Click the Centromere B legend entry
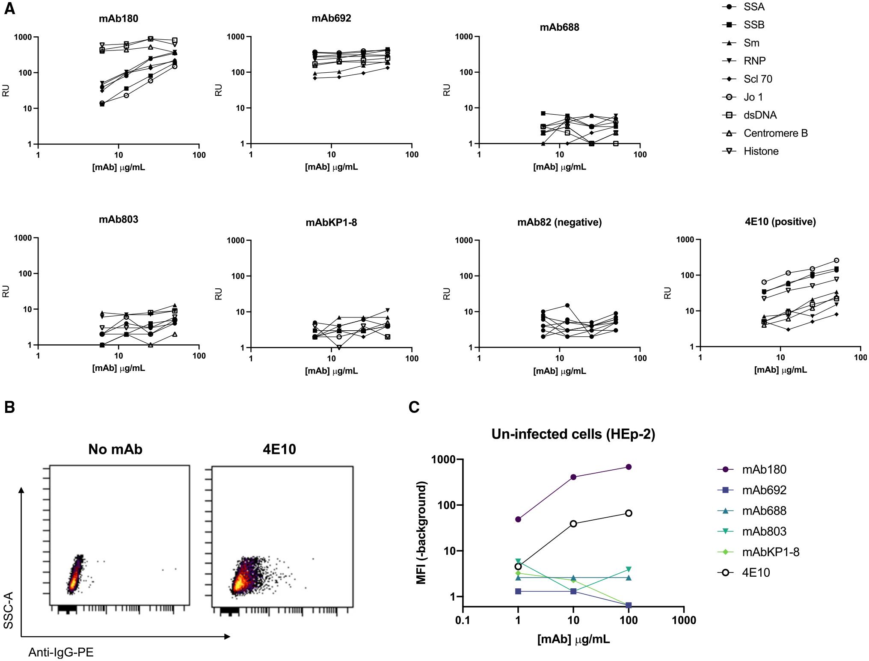point(775,133)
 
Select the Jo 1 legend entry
point(753,97)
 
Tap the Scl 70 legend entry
point(758,79)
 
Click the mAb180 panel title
point(118,18)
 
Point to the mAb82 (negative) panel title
point(559,222)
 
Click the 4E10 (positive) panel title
point(780,222)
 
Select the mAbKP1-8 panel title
point(331,222)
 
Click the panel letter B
point(9,407)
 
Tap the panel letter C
point(414,407)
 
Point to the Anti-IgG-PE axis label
point(61,652)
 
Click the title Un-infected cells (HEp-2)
point(573,434)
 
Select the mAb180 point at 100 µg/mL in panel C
point(629,467)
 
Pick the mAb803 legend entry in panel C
point(764,531)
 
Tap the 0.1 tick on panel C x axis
point(463,620)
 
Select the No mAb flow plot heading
point(115,449)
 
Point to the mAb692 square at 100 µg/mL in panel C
point(629,605)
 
